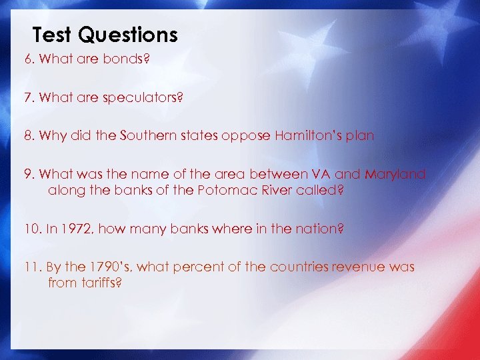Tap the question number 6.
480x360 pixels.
(29, 59)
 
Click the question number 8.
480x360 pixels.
(29, 135)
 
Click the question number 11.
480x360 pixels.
(32, 267)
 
